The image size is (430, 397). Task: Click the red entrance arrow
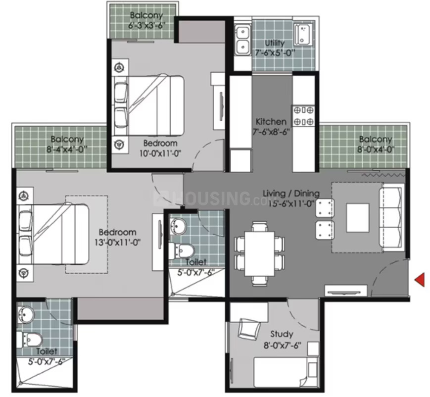(x=420, y=280)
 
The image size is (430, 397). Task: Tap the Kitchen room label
(x=271, y=122)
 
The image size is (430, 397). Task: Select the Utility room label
(x=275, y=43)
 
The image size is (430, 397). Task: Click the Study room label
(x=282, y=334)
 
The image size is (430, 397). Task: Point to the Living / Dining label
(x=291, y=194)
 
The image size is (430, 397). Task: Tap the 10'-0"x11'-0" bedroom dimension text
(x=160, y=153)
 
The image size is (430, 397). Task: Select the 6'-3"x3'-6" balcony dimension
(x=147, y=26)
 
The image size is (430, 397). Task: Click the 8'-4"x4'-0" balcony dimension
(x=67, y=149)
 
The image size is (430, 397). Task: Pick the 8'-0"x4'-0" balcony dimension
(x=376, y=149)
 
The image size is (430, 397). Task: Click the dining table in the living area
(x=259, y=253)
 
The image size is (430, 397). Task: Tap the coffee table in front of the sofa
(x=358, y=218)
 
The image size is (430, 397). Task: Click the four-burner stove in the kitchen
(x=303, y=115)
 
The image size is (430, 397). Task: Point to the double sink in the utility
(x=242, y=40)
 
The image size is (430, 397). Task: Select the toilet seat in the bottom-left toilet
(x=30, y=340)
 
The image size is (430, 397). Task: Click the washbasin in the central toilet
(x=178, y=226)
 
